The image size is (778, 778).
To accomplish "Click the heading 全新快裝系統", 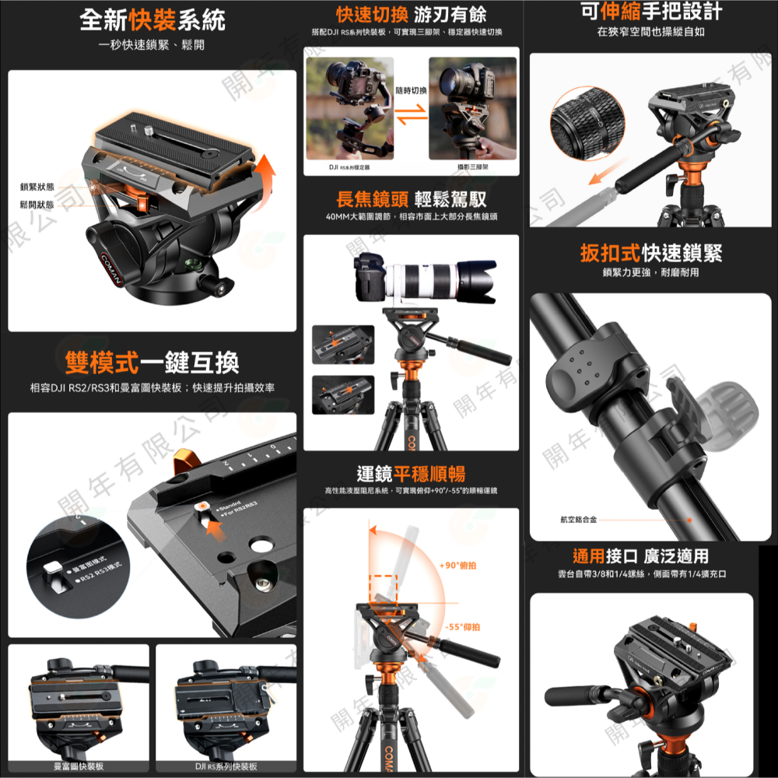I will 152,19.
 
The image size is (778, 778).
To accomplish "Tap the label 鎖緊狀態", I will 37,187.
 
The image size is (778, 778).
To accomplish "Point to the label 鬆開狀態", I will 37,205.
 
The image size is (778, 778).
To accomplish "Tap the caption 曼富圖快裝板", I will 78,766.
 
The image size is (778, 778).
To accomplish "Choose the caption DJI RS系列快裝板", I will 226,766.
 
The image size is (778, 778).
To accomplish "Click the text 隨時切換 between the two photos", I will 412,91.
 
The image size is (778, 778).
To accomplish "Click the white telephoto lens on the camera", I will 436,280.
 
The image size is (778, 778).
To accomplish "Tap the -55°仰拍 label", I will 462,626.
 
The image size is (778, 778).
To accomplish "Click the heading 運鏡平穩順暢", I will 411,473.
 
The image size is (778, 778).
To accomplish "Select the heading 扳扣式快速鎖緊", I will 651,254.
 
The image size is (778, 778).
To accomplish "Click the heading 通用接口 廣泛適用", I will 641,555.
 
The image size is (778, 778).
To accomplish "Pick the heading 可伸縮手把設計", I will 651,12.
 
